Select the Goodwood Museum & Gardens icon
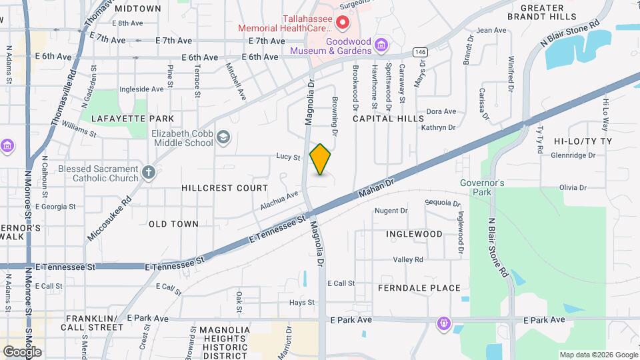[x=381, y=45]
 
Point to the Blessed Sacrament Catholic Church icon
[x=148, y=174]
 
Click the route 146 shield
[x=419, y=52]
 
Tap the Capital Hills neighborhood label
[x=388, y=119]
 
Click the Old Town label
[x=173, y=224]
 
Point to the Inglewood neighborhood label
[x=414, y=234]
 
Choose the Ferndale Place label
[x=419, y=288]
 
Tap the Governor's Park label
[x=482, y=187]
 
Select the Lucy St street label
[x=289, y=157]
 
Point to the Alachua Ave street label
[x=279, y=202]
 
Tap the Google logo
[x=22, y=351]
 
